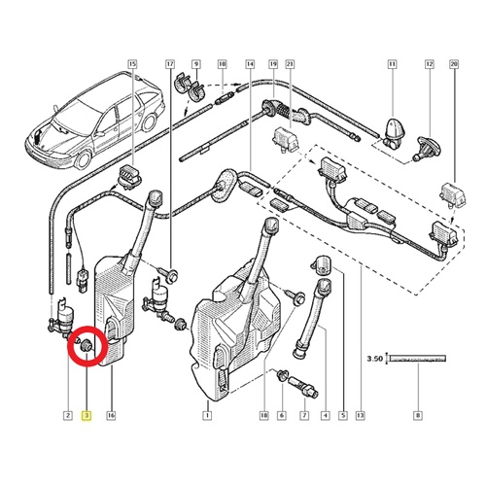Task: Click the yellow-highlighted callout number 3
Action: pyautogui.click(x=87, y=415)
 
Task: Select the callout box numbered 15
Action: pyautogui.click(x=132, y=64)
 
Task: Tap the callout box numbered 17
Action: pyautogui.click(x=170, y=64)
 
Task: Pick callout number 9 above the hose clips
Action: pyautogui.click(x=196, y=64)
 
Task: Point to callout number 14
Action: pyautogui.click(x=250, y=64)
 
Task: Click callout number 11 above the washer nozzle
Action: pyautogui.click(x=393, y=64)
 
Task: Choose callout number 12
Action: pyautogui.click(x=430, y=64)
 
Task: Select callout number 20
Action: pyautogui.click(x=454, y=64)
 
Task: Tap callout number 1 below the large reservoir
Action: pyautogui.click(x=207, y=415)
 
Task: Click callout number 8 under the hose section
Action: pyautogui.click(x=418, y=415)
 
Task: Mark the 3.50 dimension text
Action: pyautogui.click(x=375, y=359)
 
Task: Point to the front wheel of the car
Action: pyautogui.click(x=83, y=159)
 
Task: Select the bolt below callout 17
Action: pyautogui.click(x=168, y=274)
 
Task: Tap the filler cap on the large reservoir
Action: pyautogui.click(x=272, y=226)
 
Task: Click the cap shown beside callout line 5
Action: pyautogui.click(x=321, y=265)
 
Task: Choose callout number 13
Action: pyautogui.click(x=361, y=415)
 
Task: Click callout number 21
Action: pyautogui.click(x=290, y=64)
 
